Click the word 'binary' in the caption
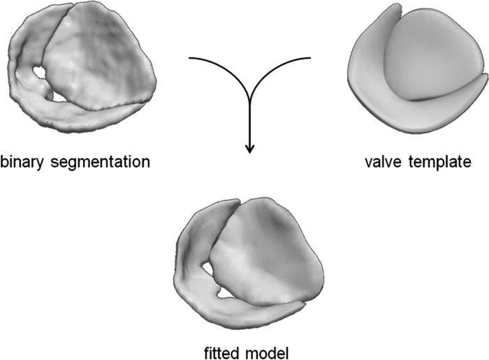[22, 163]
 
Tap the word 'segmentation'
[100, 163]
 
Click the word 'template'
[439, 163]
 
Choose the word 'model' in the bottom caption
[268, 353]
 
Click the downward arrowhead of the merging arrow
[249, 149]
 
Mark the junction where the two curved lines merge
[249, 99]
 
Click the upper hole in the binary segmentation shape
[39, 72]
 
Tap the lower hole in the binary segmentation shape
[59, 97]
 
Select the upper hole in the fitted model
[207, 268]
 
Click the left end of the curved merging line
[189, 58]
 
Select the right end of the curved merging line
[310, 58]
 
